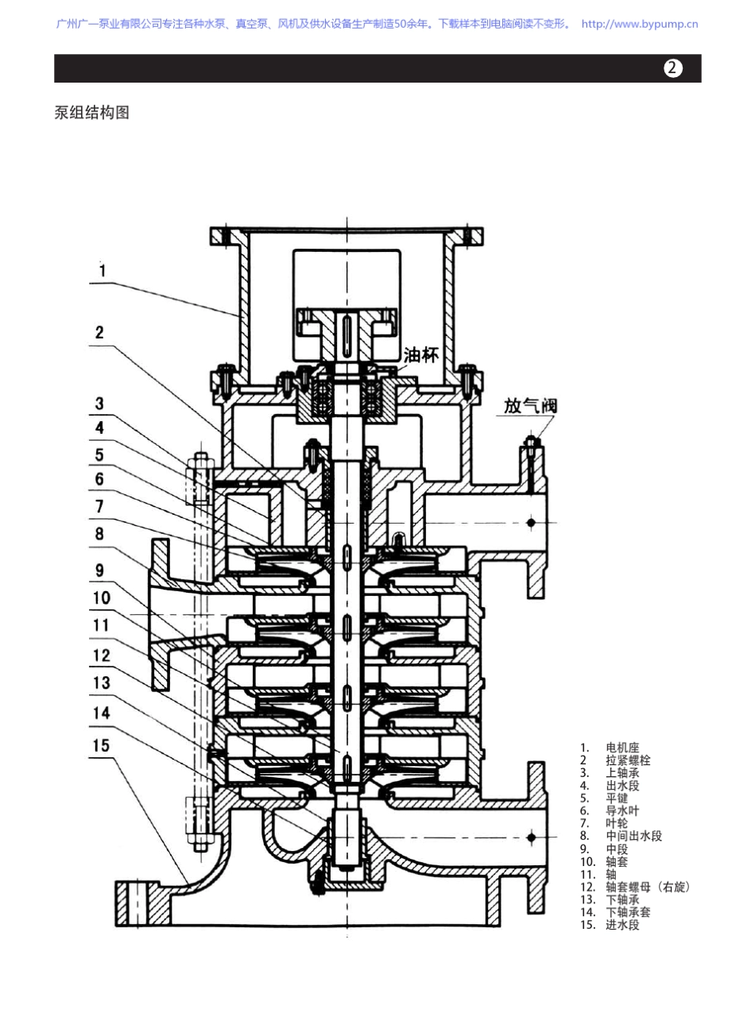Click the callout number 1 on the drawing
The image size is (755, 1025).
103,270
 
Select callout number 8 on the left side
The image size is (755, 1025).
99,533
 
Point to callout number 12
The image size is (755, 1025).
101,656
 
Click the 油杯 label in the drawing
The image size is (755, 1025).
420,354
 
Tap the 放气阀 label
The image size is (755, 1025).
530,406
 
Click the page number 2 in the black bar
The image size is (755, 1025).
672,68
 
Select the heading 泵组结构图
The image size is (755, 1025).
91,112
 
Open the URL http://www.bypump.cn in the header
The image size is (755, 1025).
640,24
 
